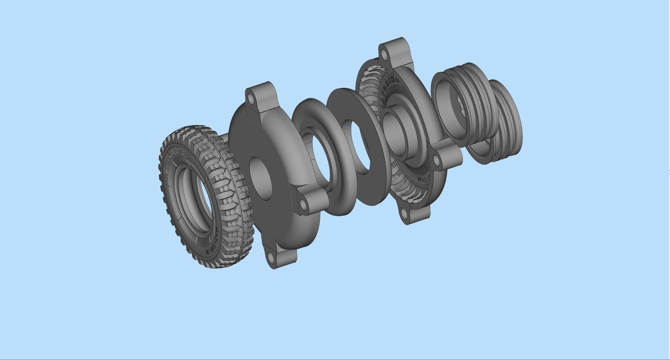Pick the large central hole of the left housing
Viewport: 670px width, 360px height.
point(261,179)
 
